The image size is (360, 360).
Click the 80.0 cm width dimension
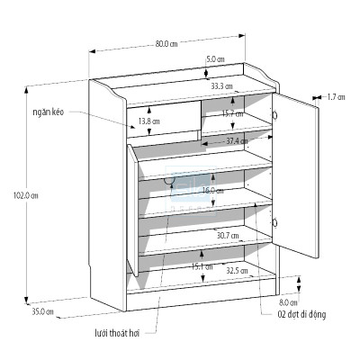click(166, 42)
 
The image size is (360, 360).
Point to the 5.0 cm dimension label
click(215, 59)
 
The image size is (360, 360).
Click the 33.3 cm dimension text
click(221, 86)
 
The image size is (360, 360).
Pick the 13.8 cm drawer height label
click(149, 121)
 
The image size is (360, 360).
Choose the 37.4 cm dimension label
click(237, 141)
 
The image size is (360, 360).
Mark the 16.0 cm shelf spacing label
click(212, 191)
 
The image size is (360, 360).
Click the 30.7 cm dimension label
click(227, 236)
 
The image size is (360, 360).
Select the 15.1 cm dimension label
click(202, 266)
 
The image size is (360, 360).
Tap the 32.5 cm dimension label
click(238, 271)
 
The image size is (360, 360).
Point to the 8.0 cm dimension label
click(288, 302)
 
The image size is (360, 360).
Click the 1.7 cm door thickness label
click(336, 96)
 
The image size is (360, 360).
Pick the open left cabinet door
click(131, 207)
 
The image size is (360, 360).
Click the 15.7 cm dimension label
click(232, 114)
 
